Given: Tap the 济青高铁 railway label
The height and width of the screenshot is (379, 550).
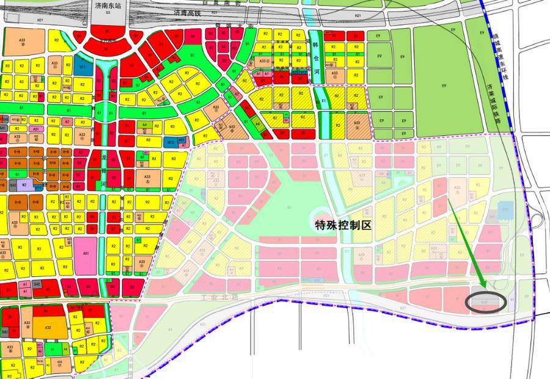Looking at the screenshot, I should click(x=188, y=12).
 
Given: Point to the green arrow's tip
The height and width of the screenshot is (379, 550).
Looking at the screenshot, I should click(x=485, y=287).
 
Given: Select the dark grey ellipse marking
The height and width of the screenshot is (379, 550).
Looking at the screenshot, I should click(x=486, y=302).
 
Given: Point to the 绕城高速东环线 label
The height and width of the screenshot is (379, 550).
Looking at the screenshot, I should click(x=499, y=50).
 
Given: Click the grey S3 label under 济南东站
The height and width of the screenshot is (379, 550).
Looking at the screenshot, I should click(x=108, y=12).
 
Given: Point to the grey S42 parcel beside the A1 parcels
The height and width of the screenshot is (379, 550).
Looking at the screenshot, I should click(x=37, y=284).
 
